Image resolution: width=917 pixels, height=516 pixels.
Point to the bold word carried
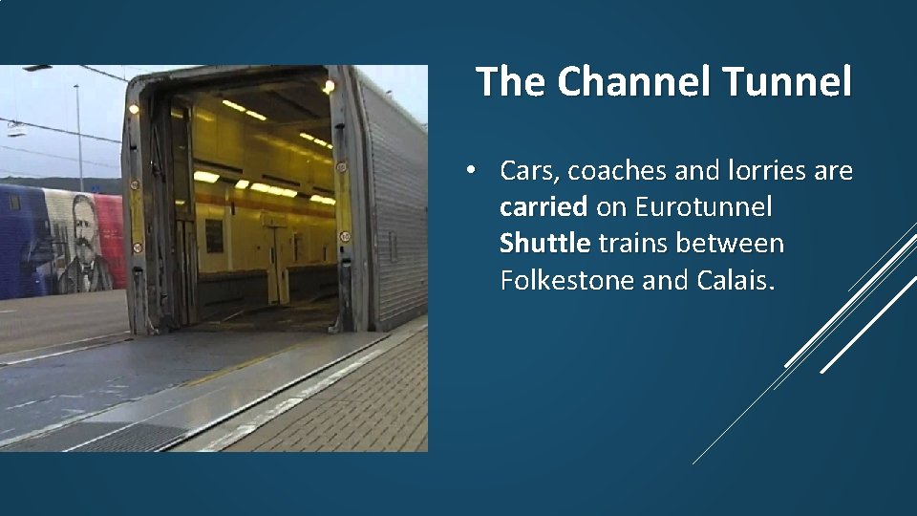(x=544, y=207)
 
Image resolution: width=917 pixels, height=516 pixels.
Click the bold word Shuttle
(x=544, y=244)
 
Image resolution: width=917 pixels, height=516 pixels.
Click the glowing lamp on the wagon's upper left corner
(x=133, y=109)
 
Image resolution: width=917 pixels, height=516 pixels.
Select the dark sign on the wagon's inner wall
(x=214, y=235)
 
